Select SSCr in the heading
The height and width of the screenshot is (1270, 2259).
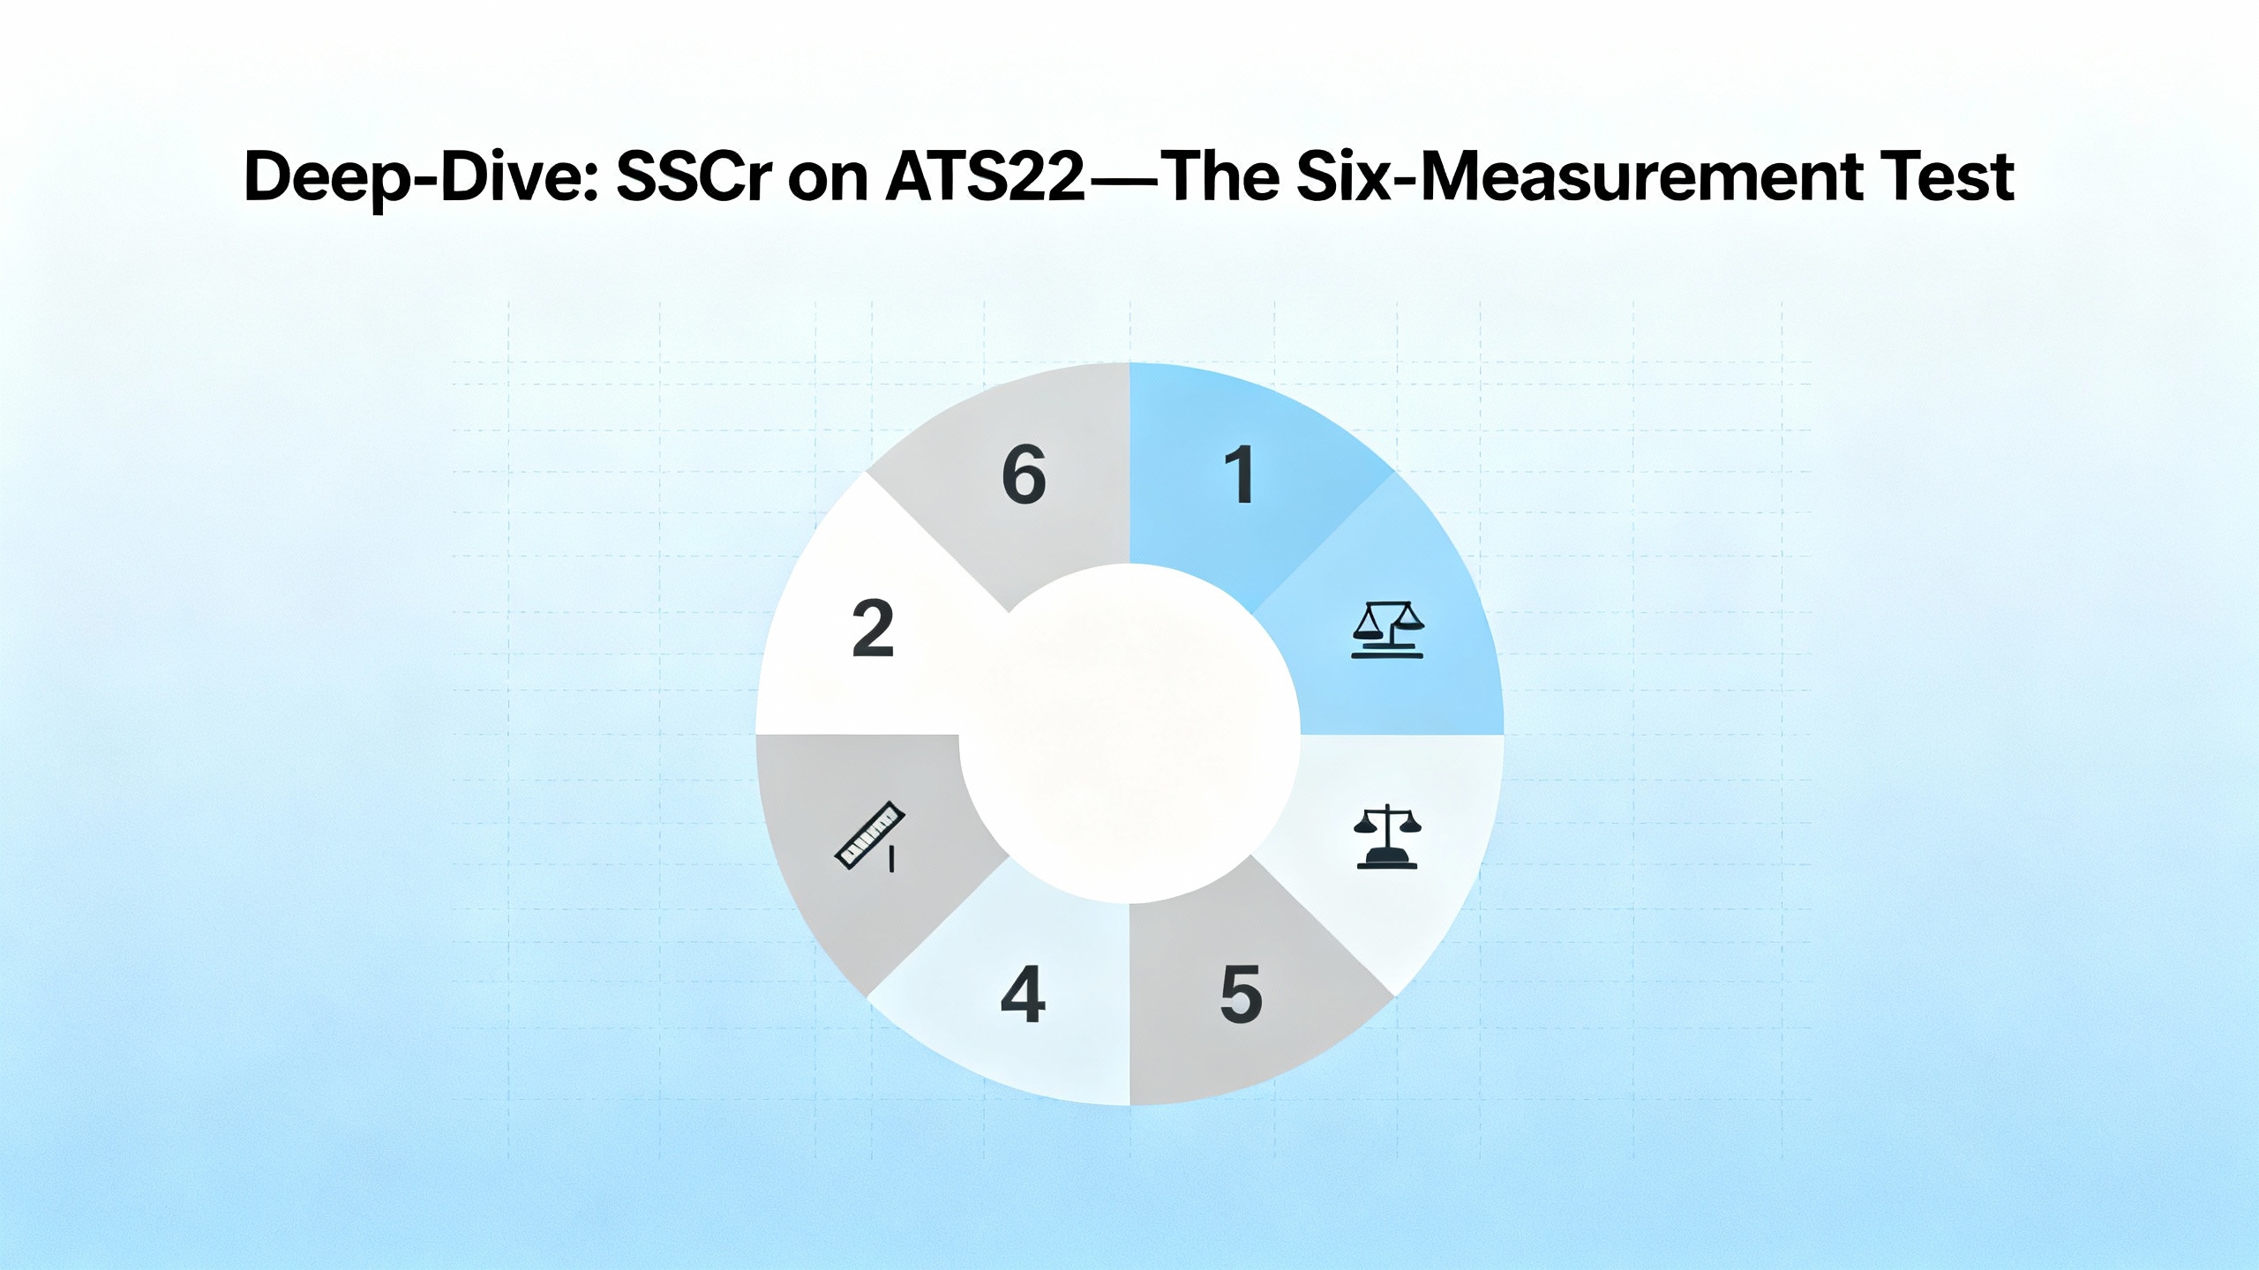tap(689, 177)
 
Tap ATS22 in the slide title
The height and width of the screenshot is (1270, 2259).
tap(986, 177)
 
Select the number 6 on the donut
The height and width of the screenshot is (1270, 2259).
tap(1024, 475)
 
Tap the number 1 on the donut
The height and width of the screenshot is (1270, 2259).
tap(1241, 475)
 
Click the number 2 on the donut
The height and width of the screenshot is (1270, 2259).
tap(874, 629)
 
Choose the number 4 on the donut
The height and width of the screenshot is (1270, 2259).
tap(1023, 994)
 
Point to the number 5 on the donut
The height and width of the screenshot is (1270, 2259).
tap(1241, 994)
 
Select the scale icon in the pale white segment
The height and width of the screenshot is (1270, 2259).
tap(1387, 837)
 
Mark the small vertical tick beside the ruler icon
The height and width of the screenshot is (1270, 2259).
tap(891, 859)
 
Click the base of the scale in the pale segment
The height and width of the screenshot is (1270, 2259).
tap(1387, 860)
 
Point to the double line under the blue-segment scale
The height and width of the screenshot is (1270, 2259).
tap(1387, 652)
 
